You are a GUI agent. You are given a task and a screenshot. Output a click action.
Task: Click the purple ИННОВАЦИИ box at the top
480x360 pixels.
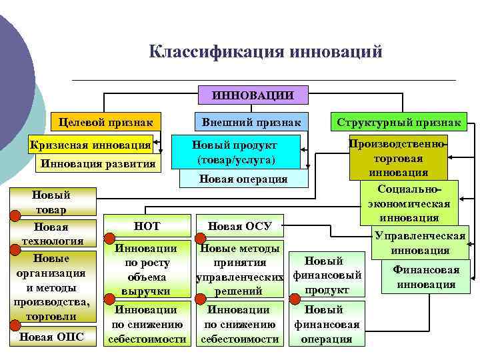pyautogui.click(x=253, y=95)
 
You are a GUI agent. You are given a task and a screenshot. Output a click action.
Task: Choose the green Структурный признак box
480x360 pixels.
pyautogui.click(x=399, y=123)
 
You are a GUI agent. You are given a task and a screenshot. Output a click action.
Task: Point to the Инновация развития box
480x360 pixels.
pyautogui.click(x=98, y=164)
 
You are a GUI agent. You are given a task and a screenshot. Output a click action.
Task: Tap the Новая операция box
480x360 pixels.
pyautogui.click(x=243, y=179)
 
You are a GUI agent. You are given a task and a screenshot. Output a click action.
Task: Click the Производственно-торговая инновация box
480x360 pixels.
pyautogui.click(x=399, y=158)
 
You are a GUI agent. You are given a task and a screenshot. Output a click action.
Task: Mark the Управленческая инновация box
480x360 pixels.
pyautogui.click(x=419, y=243)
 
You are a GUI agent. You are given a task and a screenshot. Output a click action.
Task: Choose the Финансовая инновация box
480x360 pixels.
pyautogui.click(x=425, y=277)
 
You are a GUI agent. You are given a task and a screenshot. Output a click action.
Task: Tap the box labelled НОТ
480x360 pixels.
pyautogui.click(x=147, y=226)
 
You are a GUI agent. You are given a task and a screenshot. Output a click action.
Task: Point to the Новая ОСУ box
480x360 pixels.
pyautogui.click(x=239, y=226)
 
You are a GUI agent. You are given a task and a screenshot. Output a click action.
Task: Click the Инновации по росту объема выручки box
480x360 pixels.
pyautogui.click(x=147, y=269)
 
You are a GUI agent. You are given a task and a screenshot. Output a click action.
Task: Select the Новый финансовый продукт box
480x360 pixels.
pyautogui.click(x=327, y=275)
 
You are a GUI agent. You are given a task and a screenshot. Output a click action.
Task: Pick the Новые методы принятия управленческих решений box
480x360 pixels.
pyautogui.click(x=239, y=269)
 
